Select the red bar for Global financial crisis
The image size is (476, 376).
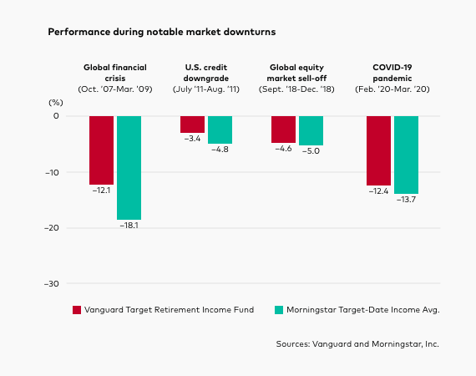(101, 150)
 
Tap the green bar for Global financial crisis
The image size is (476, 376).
(129, 167)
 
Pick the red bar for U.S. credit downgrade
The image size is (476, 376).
(192, 124)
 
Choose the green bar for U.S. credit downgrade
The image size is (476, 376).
(220, 130)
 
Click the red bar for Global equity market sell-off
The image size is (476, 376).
(283, 129)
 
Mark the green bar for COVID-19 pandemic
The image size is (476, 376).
(406, 155)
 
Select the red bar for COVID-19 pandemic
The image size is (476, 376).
(378, 150)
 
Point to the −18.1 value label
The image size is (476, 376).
(129, 226)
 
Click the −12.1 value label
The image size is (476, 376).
(101, 191)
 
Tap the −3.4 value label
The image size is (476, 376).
(192, 139)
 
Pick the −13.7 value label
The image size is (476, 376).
(406, 201)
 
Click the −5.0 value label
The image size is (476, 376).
(311, 151)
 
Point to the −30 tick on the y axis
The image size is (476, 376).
(52, 284)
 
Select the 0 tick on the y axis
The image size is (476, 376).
(56, 115)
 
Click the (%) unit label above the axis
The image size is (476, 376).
(55, 100)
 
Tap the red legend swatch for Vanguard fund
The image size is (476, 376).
(78, 309)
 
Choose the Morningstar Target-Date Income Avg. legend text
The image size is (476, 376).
(362, 309)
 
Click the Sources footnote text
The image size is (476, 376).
(357, 343)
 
